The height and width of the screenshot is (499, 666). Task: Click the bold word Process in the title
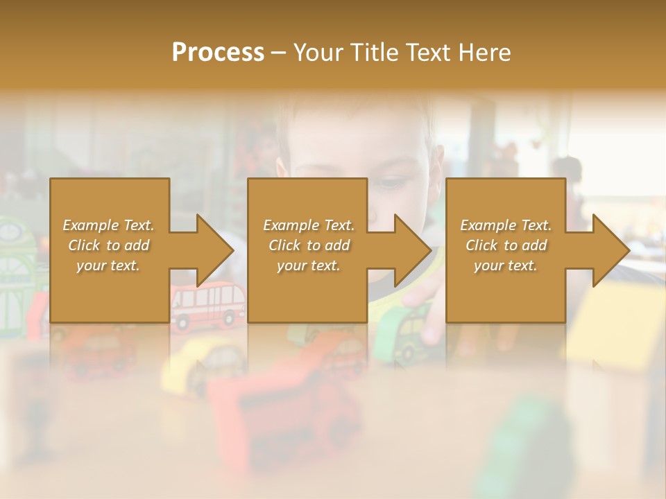coord(218,53)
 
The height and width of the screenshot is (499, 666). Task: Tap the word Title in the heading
coord(376,53)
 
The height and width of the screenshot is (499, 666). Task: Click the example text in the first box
coord(109,245)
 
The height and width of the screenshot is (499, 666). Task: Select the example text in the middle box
coord(309,245)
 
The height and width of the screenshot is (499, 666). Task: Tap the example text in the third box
coord(506,245)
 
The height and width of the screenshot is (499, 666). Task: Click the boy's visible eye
coord(394,184)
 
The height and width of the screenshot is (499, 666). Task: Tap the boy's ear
coord(280,170)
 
